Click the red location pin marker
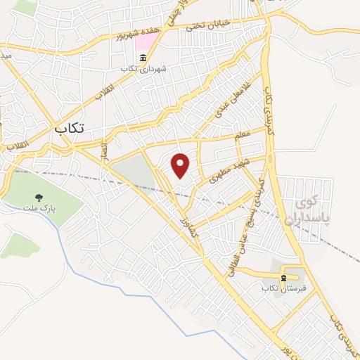[181, 165]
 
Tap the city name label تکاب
[70, 129]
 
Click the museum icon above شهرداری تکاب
[143, 58]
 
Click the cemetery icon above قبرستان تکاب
[283, 278]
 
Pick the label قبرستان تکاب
[281, 288]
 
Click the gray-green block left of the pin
[134, 173]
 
